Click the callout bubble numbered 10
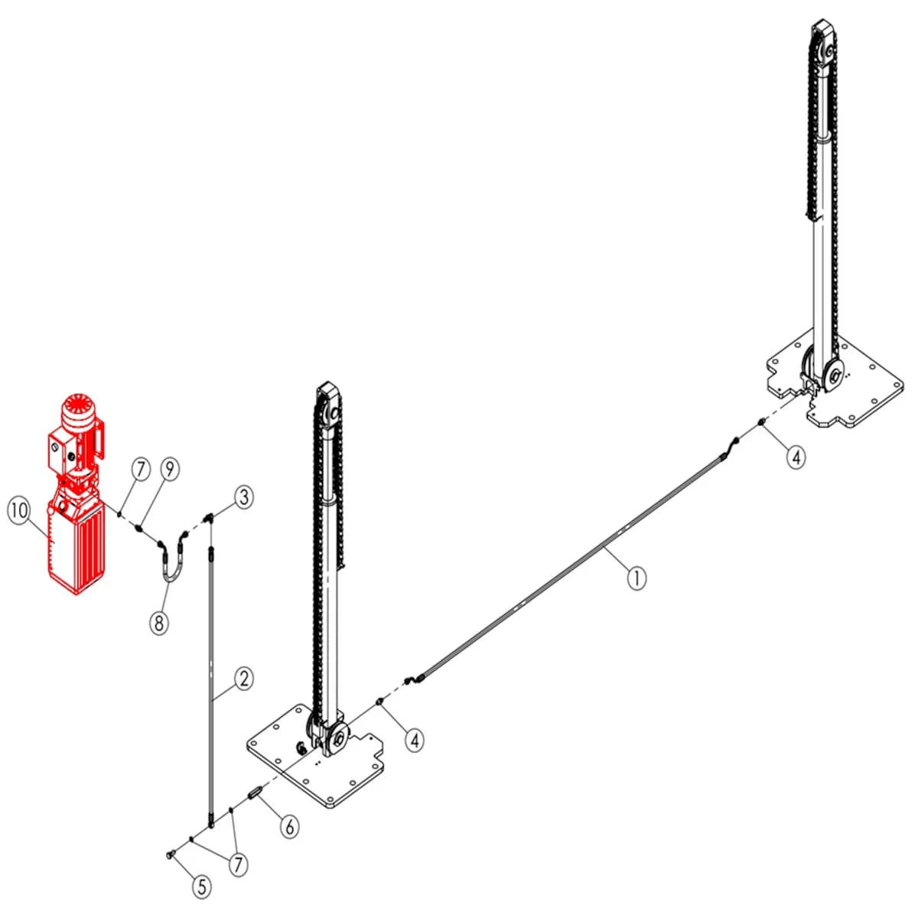coord(18,511)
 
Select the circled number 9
coord(169,469)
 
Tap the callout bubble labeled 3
coord(243,497)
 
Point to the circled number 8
coord(159,622)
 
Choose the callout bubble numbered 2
coord(244,678)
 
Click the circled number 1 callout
coord(636,578)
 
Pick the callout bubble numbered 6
coord(290,826)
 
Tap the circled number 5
coord(202,887)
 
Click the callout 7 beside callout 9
coord(140,470)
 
